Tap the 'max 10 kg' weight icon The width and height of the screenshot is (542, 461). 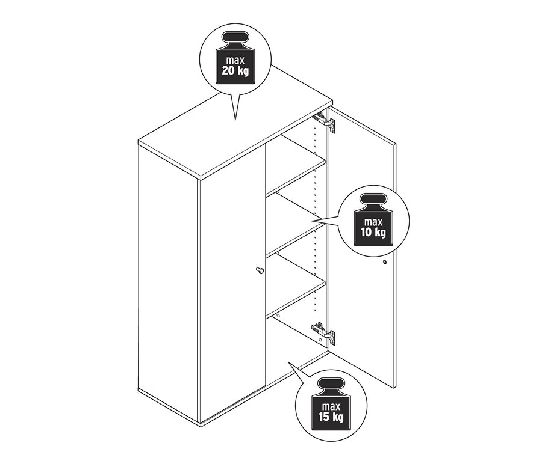(x=373, y=219)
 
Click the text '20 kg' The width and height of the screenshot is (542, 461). (x=235, y=71)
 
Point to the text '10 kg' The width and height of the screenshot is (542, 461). (x=373, y=233)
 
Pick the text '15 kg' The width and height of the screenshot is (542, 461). (x=331, y=417)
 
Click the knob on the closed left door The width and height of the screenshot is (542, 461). (x=259, y=270)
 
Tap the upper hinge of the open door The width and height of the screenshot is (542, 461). (x=325, y=122)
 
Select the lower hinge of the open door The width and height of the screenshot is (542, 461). (x=324, y=333)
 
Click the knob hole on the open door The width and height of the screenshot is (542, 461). (x=384, y=263)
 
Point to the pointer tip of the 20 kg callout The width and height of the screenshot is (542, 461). (x=235, y=120)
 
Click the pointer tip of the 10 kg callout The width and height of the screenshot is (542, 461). (x=312, y=221)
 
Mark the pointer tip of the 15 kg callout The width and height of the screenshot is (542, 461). (x=288, y=362)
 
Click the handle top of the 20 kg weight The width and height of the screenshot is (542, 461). (x=235, y=37)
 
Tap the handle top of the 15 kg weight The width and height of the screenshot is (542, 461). (x=331, y=383)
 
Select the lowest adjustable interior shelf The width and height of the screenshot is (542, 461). (x=296, y=285)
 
